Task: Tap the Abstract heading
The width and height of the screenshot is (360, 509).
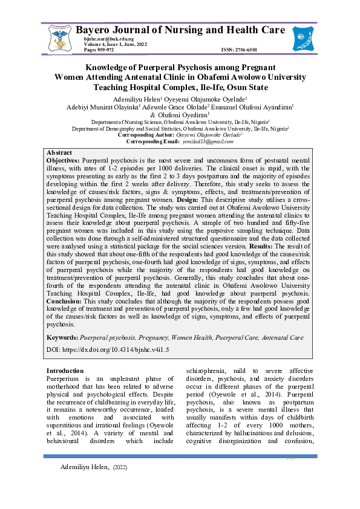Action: pos(59,152)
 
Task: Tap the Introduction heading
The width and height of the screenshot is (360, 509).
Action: pos(65,371)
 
